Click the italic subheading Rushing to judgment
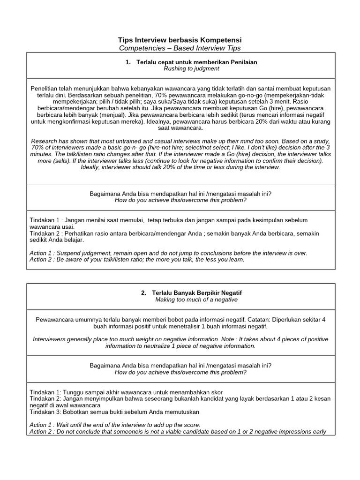[x=191, y=68]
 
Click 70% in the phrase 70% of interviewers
[x=38, y=147]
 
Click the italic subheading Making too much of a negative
[x=196, y=300]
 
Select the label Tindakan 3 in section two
[x=45, y=412]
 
